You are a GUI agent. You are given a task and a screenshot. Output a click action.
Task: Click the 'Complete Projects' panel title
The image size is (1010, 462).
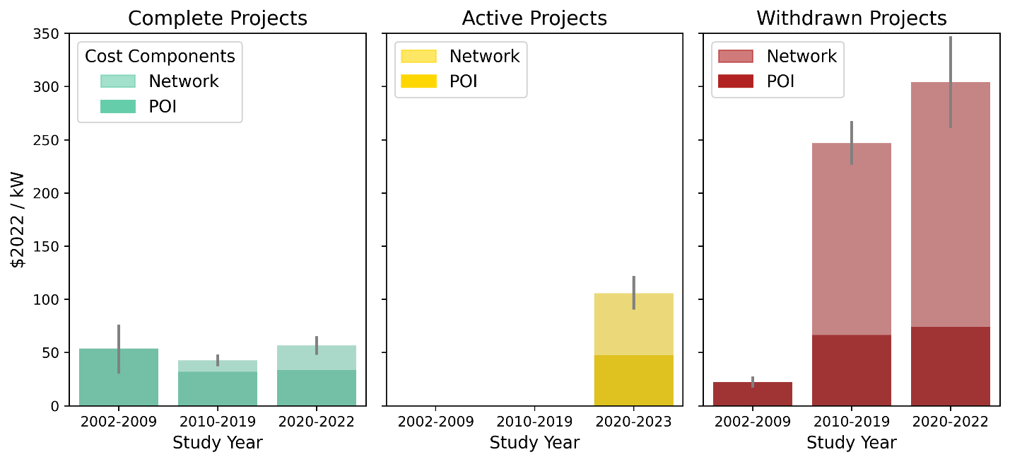click(218, 18)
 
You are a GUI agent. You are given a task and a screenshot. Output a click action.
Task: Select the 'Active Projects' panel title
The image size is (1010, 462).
click(534, 18)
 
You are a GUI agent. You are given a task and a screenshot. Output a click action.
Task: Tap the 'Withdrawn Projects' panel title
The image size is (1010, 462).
click(852, 18)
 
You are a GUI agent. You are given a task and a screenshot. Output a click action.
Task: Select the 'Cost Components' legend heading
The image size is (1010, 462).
click(160, 56)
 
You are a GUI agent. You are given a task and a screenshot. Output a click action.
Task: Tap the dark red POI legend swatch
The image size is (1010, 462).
click(736, 81)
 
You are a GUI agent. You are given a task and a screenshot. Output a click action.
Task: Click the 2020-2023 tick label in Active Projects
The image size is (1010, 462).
click(633, 422)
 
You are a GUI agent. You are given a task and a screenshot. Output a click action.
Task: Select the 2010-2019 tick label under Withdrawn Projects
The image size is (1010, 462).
click(851, 422)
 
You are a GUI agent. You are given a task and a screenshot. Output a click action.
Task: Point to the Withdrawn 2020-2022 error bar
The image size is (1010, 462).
click(951, 81)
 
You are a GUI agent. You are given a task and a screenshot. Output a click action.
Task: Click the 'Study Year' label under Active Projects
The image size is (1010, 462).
click(534, 443)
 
